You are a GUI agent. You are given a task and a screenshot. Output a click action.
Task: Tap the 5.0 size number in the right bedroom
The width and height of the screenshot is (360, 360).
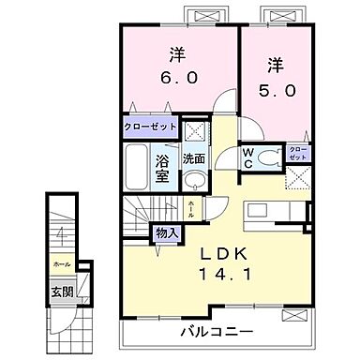[x=274, y=91]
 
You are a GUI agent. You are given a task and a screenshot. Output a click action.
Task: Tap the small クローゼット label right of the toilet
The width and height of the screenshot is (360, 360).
[x=296, y=153]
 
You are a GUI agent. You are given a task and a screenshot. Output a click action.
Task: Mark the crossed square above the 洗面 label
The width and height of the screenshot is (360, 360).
[x=196, y=129]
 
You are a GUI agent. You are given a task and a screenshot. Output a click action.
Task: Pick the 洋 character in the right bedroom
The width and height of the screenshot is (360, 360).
[x=274, y=65]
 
